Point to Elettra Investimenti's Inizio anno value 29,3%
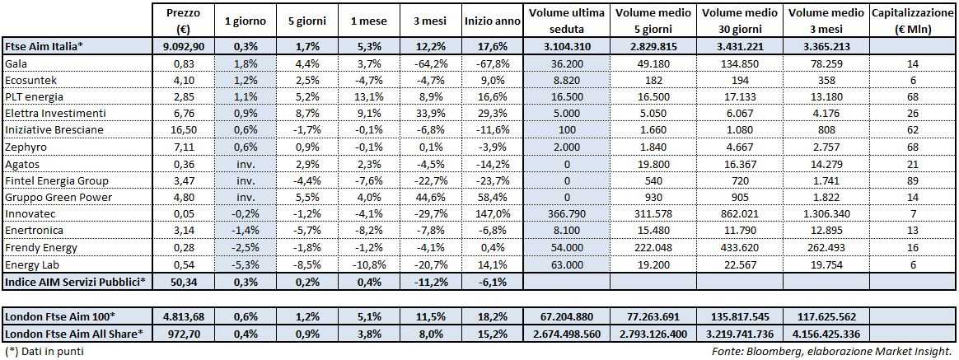(x=492, y=114)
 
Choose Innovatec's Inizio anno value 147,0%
(x=492, y=214)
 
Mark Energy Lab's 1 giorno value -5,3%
(x=239, y=264)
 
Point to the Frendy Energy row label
(x=41, y=248)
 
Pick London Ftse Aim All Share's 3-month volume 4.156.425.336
(x=827, y=334)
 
